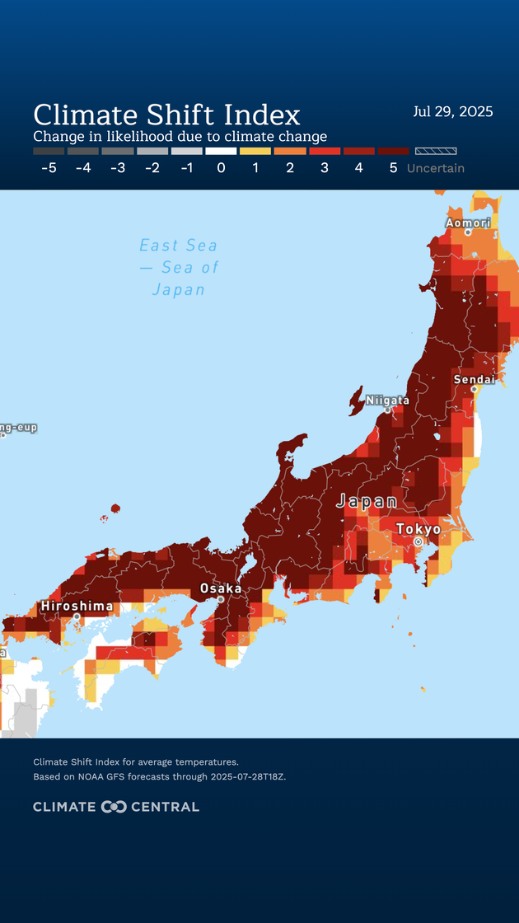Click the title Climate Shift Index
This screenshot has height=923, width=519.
click(166, 114)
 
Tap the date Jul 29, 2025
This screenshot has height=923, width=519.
click(452, 112)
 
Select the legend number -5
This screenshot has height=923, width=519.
click(49, 168)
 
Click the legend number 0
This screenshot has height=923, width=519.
click(221, 168)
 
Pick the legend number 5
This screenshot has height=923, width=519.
click(393, 168)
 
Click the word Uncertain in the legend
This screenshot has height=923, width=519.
click(436, 168)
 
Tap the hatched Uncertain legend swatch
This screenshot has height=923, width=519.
click(436, 152)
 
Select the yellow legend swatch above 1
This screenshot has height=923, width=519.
click(255, 152)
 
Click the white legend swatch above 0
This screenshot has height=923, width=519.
click(221, 152)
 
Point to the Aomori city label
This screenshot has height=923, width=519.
click(468, 223)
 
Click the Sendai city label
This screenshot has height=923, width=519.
click(475, 380)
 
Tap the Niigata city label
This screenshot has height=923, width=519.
click(387, 401)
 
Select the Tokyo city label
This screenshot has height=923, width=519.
click(418, 529)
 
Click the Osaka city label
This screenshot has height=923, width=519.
click(221, 589)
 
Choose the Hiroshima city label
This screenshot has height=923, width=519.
click(77, 607)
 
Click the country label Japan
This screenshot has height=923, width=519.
click(367, 502)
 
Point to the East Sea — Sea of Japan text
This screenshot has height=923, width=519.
click(179, 267)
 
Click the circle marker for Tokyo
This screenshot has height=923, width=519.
click(418, 542)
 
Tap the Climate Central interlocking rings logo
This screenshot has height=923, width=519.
click(114, 807)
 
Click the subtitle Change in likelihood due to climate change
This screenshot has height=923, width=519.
click(180, 137)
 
